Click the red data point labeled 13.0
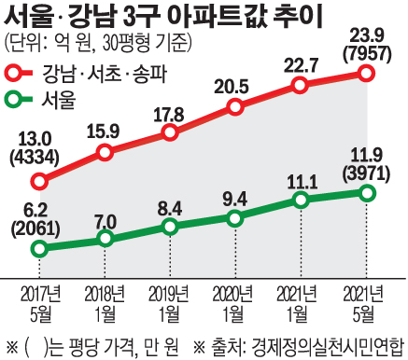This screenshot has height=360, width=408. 39,179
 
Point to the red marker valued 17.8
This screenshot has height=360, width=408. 170,132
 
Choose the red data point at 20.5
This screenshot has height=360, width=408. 235,107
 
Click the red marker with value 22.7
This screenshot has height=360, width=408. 301,85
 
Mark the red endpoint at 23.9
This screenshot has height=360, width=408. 366,73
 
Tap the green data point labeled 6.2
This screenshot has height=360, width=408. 39,248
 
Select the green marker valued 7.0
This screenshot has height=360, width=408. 105,240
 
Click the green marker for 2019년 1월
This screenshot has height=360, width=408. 170,227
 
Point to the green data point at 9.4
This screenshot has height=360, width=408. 235,217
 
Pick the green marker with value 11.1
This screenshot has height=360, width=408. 301,201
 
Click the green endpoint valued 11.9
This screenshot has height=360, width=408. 366,193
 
